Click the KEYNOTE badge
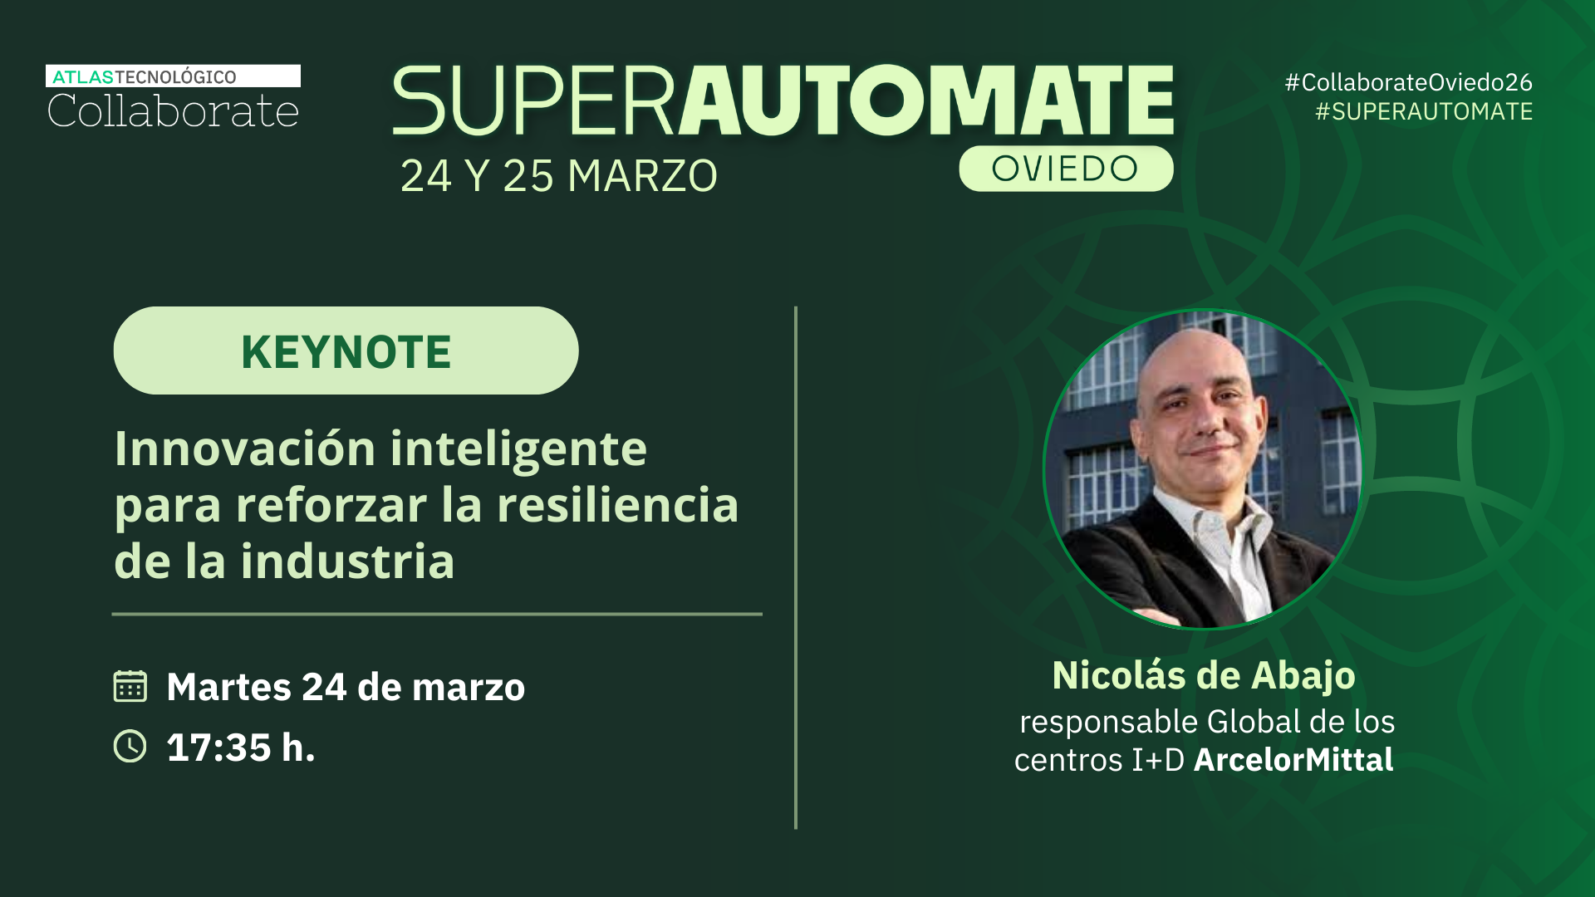pyautogui.click(x=346, y=350)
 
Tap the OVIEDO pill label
pyautogui.click(x=1066, y=169)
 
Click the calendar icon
pyautogui.click(x=130, y=686)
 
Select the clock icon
pyautogui.click(x=130, y=746)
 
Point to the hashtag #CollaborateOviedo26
pyautogui.click(x=1408, y=82)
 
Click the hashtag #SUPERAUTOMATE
pyautogui.click(x=1424, y=111)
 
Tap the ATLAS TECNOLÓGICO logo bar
pyautogui.click(x=173, y=76)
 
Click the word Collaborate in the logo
pyautogui.click(x=173, y=111)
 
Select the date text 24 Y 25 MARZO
pyautogui.click(x=559, y=176)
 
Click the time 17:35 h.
pyautogui.click(x=241, y=747)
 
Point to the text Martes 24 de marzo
pyautogui.click(x=346, y=687)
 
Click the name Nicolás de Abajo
pyautogui.click(x=1204, y=675)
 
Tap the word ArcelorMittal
pyautogui.click(x=1293, y=760)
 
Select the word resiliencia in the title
pyautogui.click(x=617, y=505)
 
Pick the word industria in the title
pyautogui.click(x=347, y=561)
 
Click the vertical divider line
pyautogui.click(x=796, y=568)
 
